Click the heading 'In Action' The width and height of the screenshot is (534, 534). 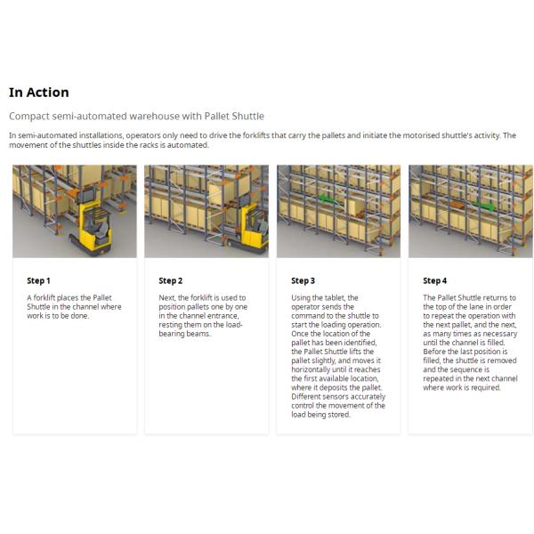[38, 93]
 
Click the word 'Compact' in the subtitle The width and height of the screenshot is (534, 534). [28, 116]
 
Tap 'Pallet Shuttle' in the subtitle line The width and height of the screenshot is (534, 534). [235, 116]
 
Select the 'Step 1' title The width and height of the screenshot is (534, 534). [38, 280]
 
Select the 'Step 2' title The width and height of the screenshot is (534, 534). [170, 280]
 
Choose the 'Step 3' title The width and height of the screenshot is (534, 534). [303, 280]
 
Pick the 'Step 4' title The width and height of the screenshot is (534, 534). [434, 280]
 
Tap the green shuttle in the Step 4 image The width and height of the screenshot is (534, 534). [485, 204]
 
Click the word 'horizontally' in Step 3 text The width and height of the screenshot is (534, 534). [311, 369]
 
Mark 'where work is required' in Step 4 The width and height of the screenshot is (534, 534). [461, 387]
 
